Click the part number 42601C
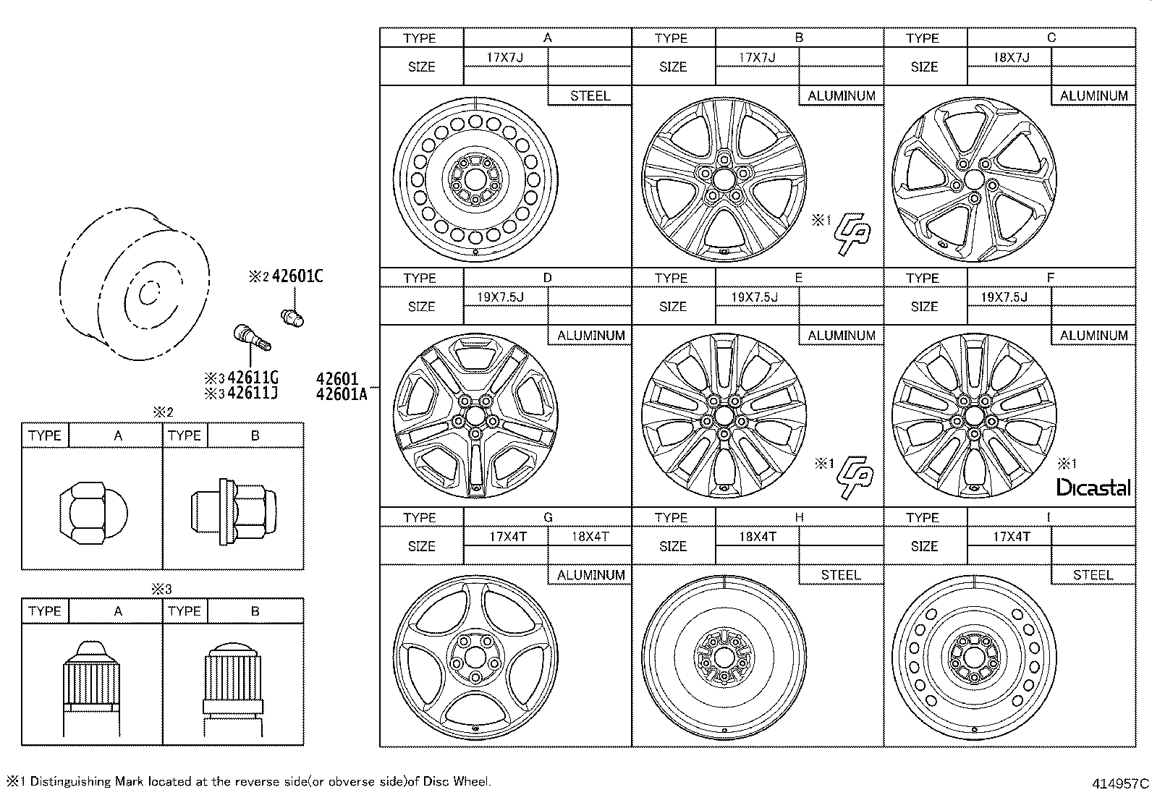(297, 276)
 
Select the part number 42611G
(253, 378)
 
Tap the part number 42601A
(342, 394)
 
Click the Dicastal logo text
(1093, 488)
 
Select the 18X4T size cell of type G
(590, 537)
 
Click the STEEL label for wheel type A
(590, 95)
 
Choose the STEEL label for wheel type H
(841, 575)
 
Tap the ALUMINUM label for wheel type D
(590, 336)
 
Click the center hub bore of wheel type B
(724, 179)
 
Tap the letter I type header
(1049, 517)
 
